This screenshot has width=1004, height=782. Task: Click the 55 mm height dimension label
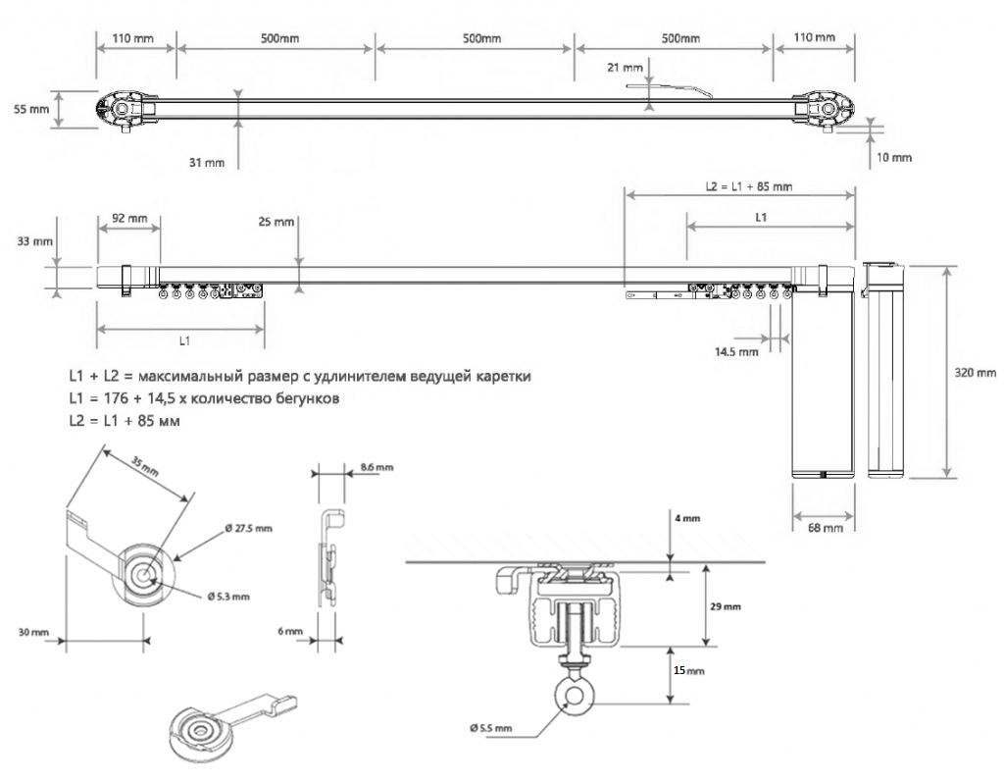coord(31,109)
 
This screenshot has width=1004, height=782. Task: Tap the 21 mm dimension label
coord(625,68)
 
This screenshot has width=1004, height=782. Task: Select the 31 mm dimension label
coord(206,162)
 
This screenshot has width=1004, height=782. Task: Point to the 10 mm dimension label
coord(894,157)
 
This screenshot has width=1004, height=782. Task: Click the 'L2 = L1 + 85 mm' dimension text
coord(749,186)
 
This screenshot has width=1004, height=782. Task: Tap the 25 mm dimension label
coord(276,222)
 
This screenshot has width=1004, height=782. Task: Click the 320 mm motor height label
coord(976,373)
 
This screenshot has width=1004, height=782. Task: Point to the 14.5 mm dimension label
coord(736,350)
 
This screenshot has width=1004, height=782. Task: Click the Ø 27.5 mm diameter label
coord(248,528)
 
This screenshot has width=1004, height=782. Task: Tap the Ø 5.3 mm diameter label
coord(227,596)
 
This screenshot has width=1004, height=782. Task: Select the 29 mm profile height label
coord(725,607)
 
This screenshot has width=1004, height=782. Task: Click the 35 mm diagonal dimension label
coord(143,466)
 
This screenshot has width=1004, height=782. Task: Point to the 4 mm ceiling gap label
coord(687,517)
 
